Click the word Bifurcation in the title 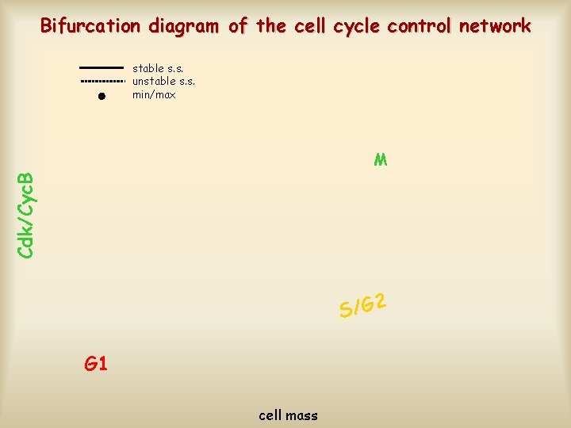point(90,26)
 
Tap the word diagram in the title point(184,26)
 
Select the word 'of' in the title point(238,26)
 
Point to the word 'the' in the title point(271,26)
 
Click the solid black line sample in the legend point(102,68)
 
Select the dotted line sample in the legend point(102,82)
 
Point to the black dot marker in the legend point(102,96)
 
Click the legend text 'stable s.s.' point(159,68)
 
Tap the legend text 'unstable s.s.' point(163,81)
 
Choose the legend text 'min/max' point(154,95)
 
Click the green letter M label point(381,160)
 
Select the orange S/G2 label point(362,304)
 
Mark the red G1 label point(96,364)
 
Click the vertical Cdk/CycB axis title point(25,214)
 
